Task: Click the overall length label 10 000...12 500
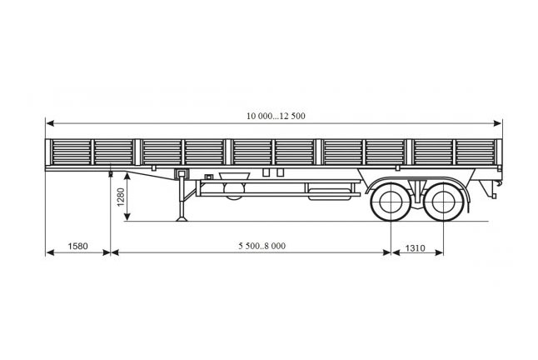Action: click(x=276, y=116)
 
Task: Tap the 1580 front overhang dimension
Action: click(x=78, y=246)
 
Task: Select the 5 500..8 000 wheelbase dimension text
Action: click(x=262, y=246)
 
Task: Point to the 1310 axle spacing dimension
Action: click(x=416, y=247)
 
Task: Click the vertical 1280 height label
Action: click(x=121, y=197)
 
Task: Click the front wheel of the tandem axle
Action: click(x=391, y=202)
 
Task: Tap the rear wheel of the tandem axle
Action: click(x=443, y=202)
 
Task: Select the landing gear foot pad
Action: click(x=182, y=218)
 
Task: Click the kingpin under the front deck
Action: click(x=111, y=174)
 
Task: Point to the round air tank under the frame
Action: click(x=234, y=190)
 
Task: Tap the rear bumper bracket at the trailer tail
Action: click(x=490, y=189)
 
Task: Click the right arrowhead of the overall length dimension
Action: click(x=498, y=123)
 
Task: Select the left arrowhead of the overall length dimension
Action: click(x=50, y=123)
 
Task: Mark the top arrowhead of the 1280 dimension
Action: click(x=127, y=177)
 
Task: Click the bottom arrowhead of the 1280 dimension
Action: click(x=127, y=217)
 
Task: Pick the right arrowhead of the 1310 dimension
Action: click(x=439, y=253)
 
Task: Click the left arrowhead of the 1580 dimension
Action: click(x=51, y=253)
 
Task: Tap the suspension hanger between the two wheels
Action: click(x=417, y=193)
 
